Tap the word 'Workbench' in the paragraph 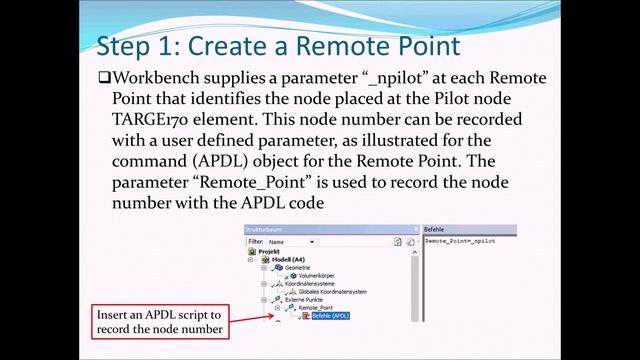pos(162,78)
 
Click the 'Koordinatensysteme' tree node pos(313,283)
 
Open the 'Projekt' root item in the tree pos(268,251)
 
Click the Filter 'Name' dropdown pos(291,241)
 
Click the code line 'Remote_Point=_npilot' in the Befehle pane pos(460,241)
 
